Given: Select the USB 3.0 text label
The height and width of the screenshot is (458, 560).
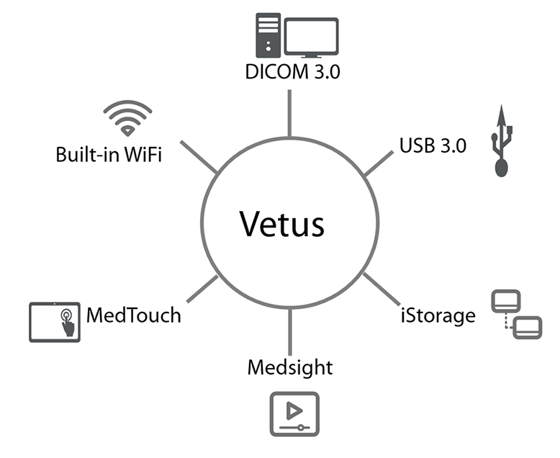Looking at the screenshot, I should pyautogui.click(x=433, y=145).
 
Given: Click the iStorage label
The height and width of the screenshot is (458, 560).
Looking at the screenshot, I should pyautogui.click(x=439, y=315).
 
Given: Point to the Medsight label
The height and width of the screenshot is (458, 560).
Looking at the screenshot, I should pyautogui.click(x=290, y=367).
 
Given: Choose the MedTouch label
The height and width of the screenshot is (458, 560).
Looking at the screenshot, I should pyautogui.click(x=133, y=315).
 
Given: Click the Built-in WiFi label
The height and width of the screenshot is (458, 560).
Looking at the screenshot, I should pyautogui.click(x=108, y=154).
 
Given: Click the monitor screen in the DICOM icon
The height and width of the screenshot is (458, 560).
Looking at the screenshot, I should pyautogui.click(x=311, y=33).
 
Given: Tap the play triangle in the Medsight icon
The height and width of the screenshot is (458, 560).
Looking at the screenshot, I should pyautogui.click(x=293, y=410).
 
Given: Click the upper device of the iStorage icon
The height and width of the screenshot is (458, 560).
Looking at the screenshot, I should pyautogui.click(x=504, y=300).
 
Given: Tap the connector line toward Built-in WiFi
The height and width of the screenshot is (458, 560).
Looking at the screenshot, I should pyautogui.click(x=198, y=157).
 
